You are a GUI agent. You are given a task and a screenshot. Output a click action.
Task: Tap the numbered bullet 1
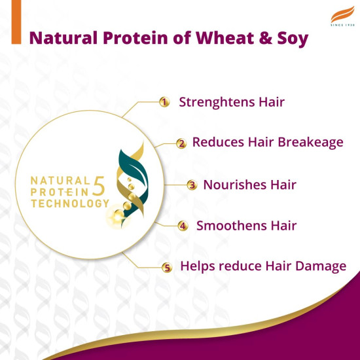coord(165,102)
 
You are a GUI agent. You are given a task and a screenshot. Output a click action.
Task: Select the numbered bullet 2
coord(181,143)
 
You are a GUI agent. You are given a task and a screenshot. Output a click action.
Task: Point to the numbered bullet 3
coord(192,185)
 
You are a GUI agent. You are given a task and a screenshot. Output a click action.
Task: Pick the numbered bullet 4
coord(183,226)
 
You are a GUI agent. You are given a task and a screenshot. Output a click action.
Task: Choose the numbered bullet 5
coord(167,267)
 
